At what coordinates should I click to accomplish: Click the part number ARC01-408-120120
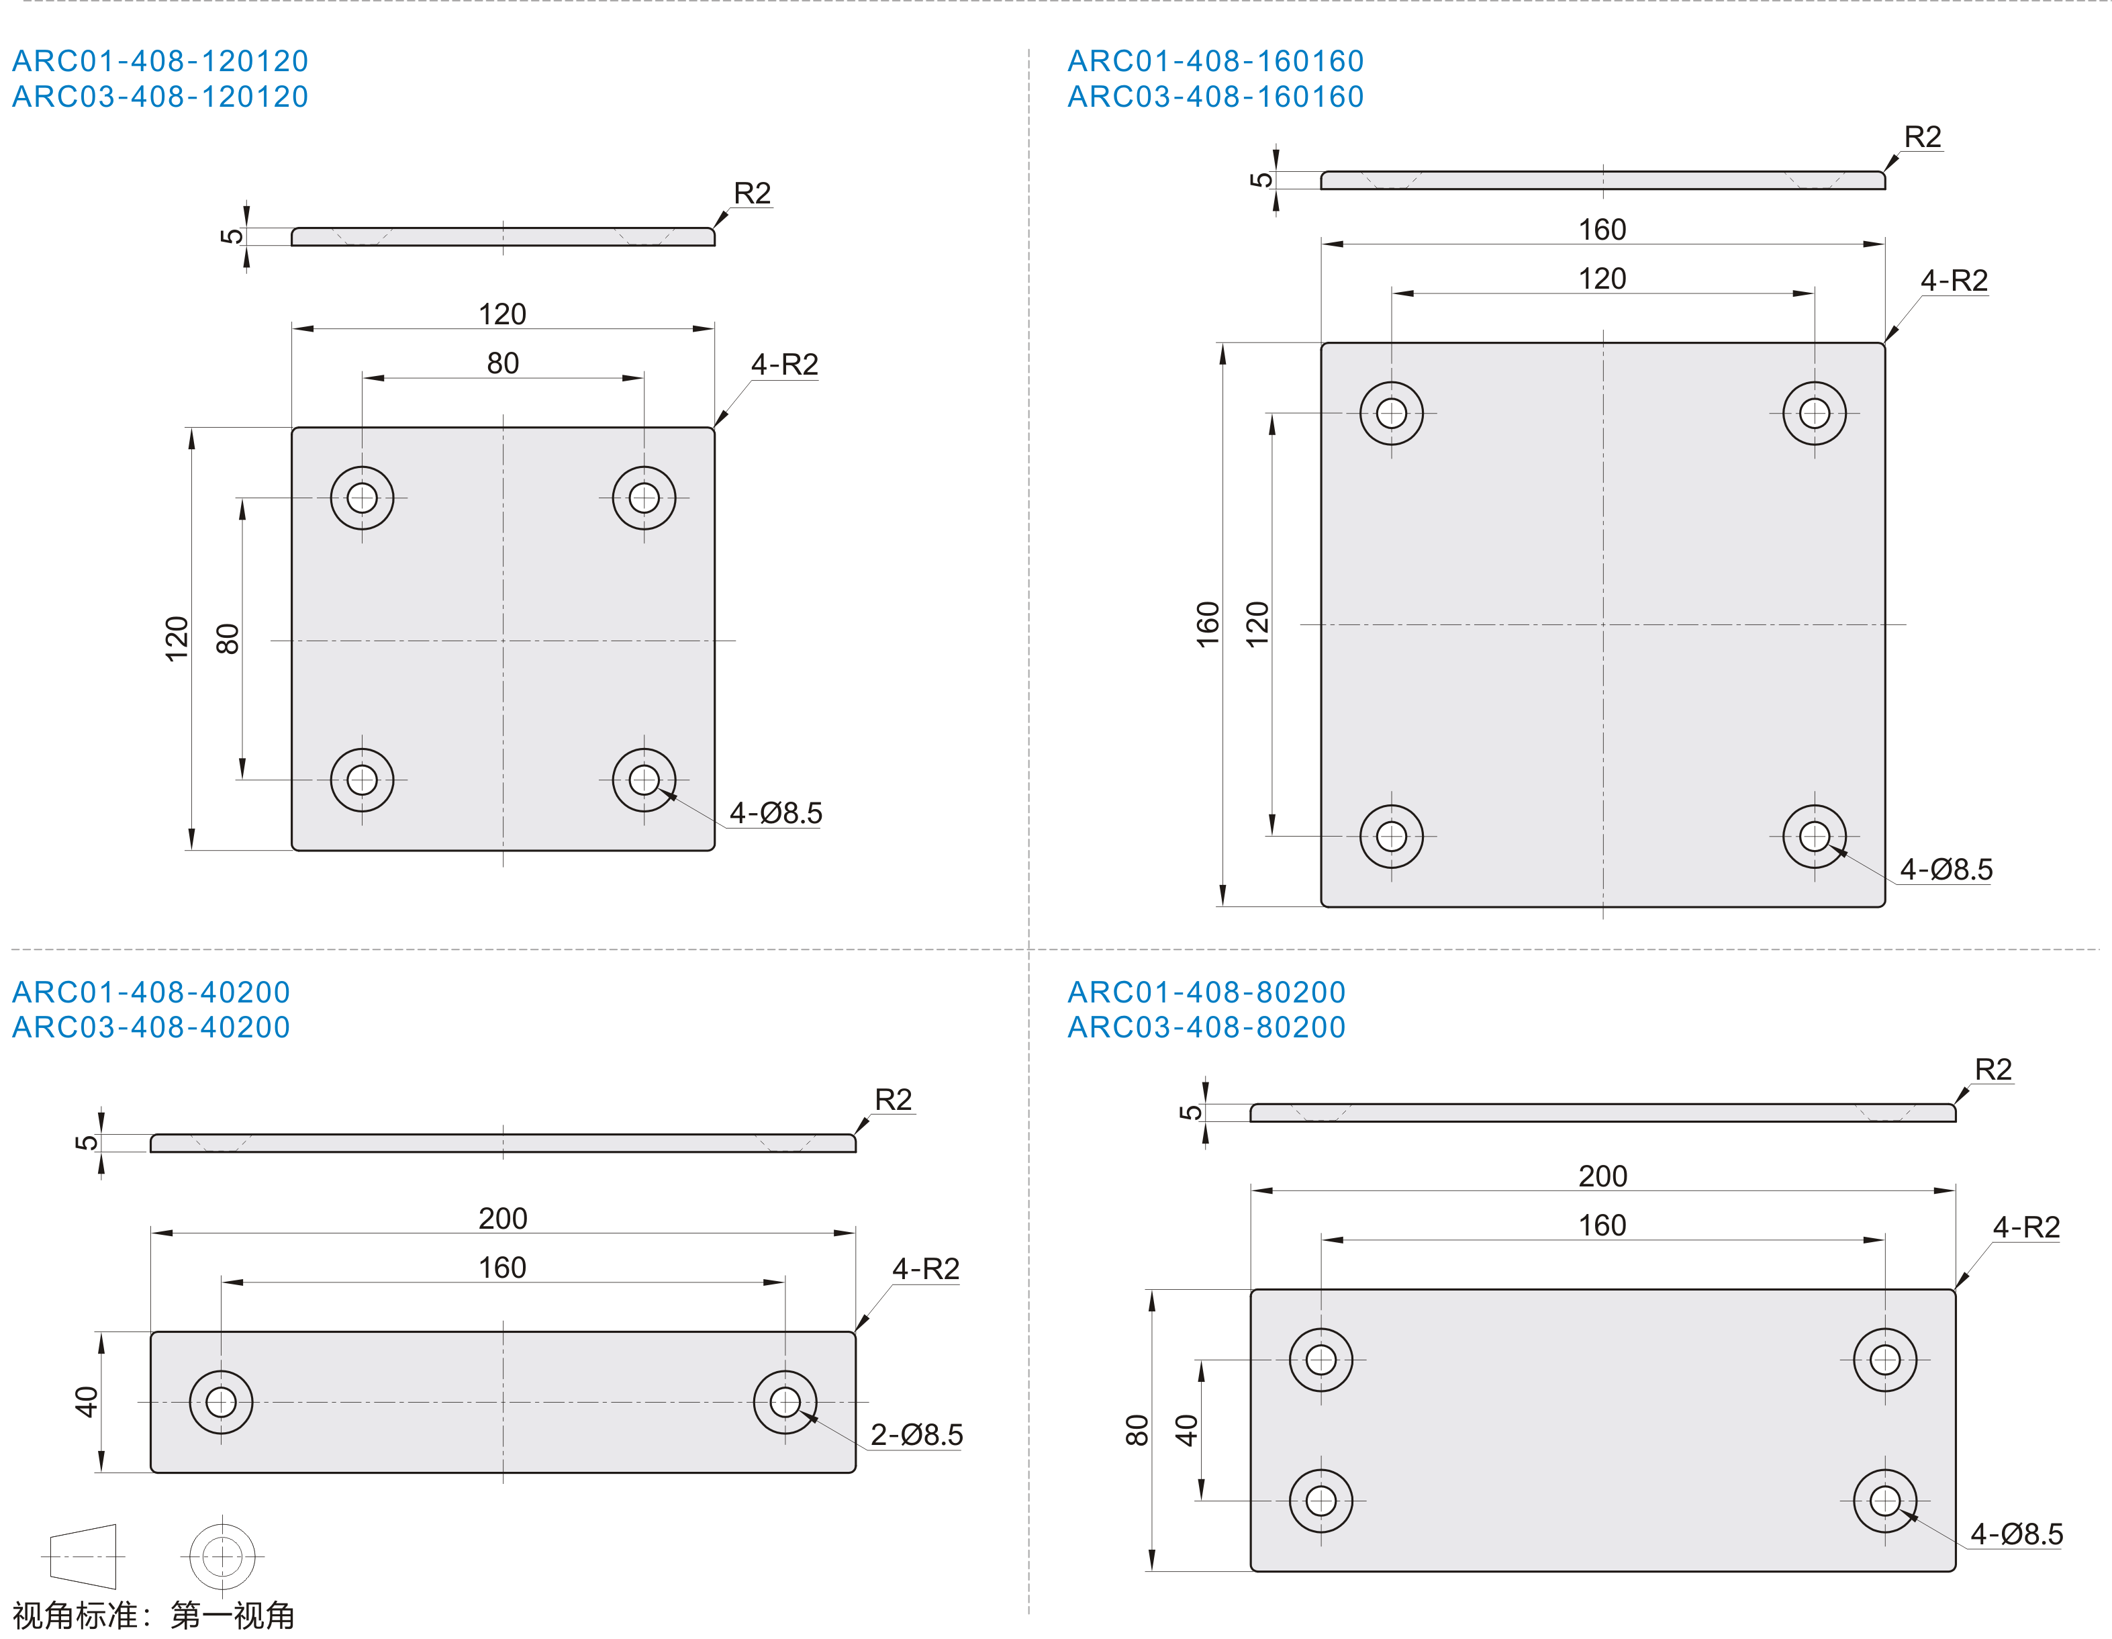[160, 61]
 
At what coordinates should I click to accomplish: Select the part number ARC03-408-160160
[1216, 97]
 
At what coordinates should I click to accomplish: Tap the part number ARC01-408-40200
[151, 992]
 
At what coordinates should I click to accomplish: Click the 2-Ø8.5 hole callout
[917, 1435]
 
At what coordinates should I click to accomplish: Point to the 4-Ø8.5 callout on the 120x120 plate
[775, 813]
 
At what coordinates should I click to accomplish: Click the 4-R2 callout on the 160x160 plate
[1954, 281]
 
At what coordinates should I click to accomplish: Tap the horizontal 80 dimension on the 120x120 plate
[503, 363]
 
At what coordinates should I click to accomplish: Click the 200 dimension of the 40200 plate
[503, 1219]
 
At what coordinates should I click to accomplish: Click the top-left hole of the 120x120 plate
[362, 498]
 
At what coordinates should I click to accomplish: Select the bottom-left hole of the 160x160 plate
[1392, 837]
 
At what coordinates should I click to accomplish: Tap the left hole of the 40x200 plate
[222, 1402]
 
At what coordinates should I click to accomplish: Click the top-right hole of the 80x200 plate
[1884, 1360]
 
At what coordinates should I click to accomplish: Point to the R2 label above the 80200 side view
[1993, 1070]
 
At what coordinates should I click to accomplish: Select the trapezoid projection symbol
[83, 1557]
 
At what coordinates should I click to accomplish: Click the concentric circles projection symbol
[222, 1557]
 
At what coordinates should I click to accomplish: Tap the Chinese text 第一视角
[232, 1615]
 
